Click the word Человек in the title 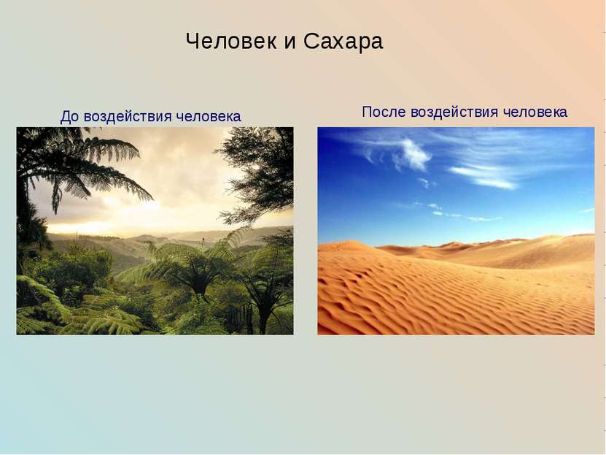pyautogui.click(x=231, y=42)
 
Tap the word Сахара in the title pyautogui.click(x=343, y=42)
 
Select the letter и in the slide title pyautogui.click(x=290, y=42)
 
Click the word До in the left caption pyautogui.click(x=69, y=117)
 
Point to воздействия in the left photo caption pyautogui.click(x=128, y=117)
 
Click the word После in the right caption pyautogui.click(x=384, y=112)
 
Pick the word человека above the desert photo pyautogui.click(x=535, y=112)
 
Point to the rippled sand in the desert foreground pyautogui.click(x=438, y=299)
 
